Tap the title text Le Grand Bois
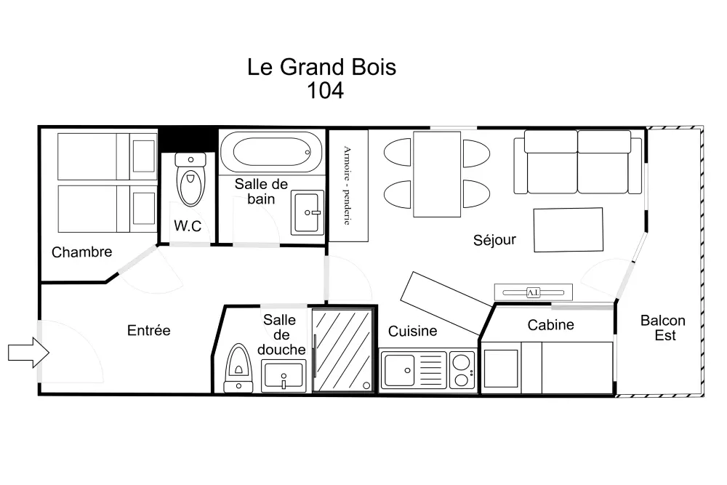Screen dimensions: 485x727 322,68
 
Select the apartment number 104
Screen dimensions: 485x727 325,91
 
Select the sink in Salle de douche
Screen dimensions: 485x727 284,376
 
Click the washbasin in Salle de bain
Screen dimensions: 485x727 308,212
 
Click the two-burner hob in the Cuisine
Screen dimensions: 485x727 462,370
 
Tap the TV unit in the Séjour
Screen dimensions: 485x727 533,292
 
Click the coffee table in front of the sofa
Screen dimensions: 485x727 568,230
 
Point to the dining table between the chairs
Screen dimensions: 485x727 436,174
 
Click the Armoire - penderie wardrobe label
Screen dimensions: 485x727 348,185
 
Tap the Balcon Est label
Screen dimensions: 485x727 662,328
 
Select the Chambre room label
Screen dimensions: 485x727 82,252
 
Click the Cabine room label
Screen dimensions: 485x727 550,325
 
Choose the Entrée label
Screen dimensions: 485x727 148,330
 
